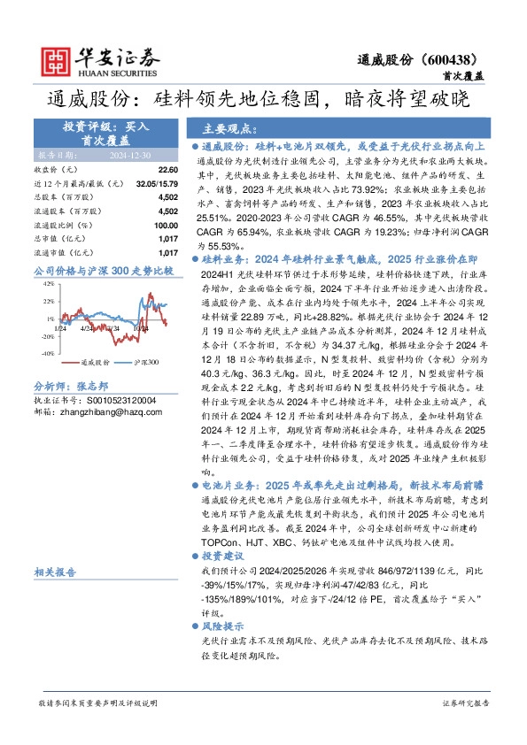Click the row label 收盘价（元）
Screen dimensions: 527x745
click(56, 169)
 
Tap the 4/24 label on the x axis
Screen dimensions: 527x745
click(87, 329)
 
